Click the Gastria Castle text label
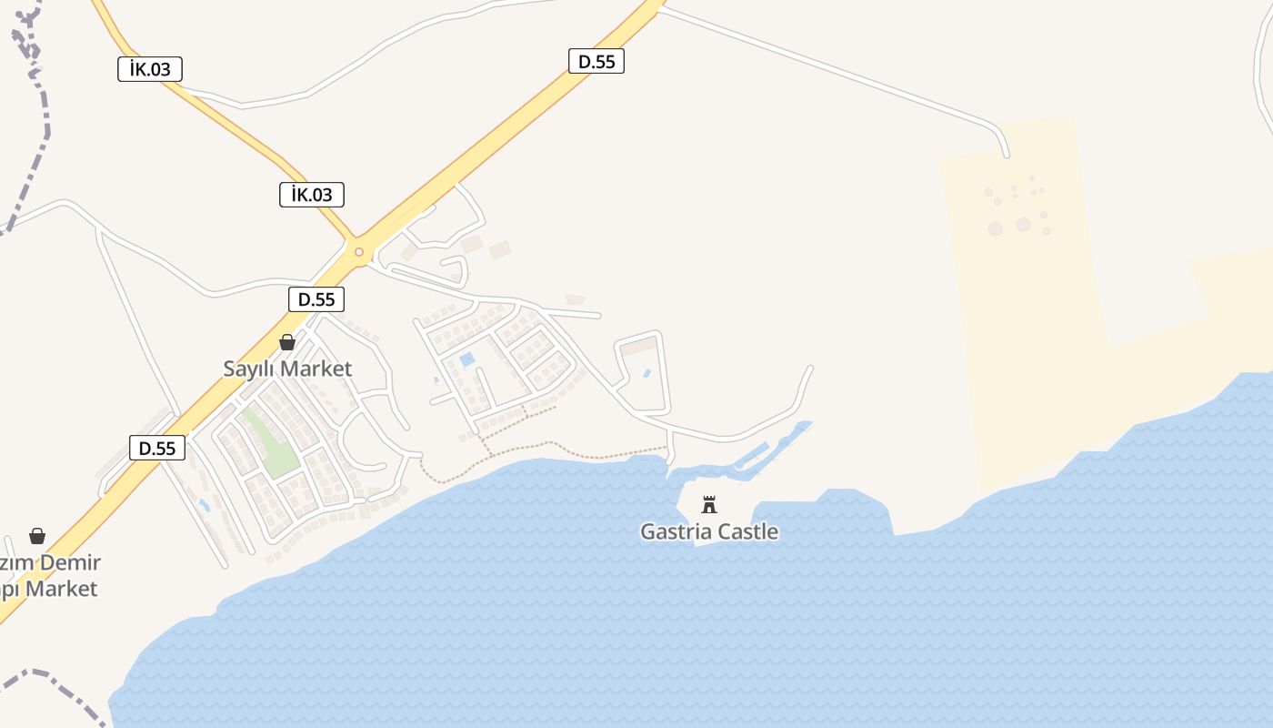click(709, 531)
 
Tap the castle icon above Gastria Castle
click(709, 504)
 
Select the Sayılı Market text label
click(287, 369)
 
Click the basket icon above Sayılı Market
click(287, 342)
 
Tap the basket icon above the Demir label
click(37, 536)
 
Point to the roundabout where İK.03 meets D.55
click(359, 252)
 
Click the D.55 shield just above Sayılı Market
click(316, 299)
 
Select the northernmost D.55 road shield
click(596, 61)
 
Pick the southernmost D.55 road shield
click(157, 448)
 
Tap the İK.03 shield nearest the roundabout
click(312, 194)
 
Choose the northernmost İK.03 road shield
click(150, 69)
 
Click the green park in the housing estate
click(271, 443)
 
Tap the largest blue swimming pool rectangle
click(467, 359)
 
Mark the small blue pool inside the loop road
click(647, 373)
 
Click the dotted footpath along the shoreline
click(546, 445)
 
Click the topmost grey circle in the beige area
click(1033, 179)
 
